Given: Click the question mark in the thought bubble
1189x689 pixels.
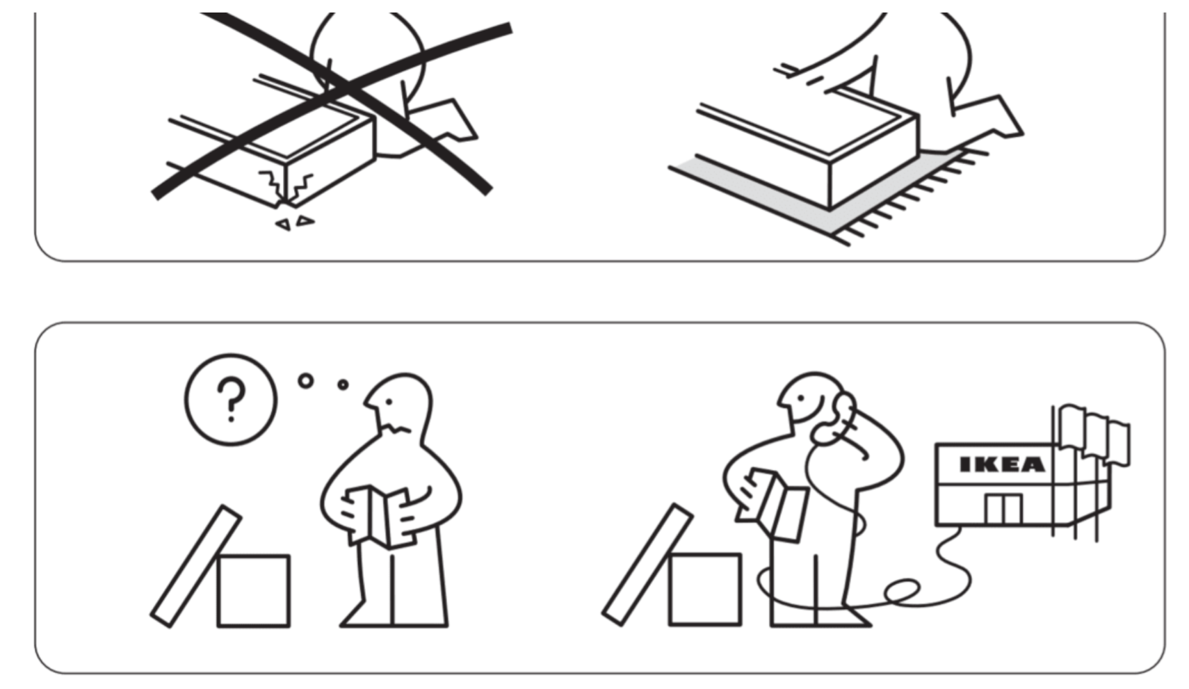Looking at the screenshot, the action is click(231, 400).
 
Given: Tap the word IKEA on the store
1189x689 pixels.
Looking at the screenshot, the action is click(1002, 465).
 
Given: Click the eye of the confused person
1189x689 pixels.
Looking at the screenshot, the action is click(389, 403).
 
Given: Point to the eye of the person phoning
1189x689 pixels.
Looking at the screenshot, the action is click(801, 398).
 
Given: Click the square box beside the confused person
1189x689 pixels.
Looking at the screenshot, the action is click(254, 591).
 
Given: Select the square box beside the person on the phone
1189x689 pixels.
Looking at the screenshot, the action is click(705, 589).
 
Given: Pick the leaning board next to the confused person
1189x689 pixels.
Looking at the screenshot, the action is click(196, 567).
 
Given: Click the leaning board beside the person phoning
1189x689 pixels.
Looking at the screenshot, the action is click(647, 565).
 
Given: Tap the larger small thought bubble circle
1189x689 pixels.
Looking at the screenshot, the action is click(306, 380).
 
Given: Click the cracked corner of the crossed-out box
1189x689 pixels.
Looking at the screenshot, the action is click(285, 188).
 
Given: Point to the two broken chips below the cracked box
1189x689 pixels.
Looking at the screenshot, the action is click(295, 222).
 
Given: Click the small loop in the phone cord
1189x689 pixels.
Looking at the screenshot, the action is click(902, 591).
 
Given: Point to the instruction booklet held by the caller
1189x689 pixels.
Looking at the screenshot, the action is click(773, 503).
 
